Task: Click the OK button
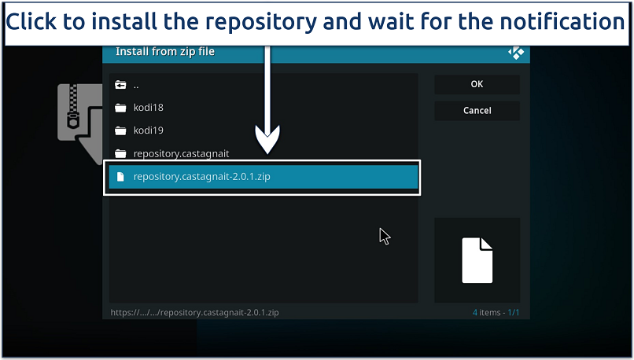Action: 477,84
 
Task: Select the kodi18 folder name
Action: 149,108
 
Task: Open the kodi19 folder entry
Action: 149,130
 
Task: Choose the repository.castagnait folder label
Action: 181,154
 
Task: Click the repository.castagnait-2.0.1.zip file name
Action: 201,177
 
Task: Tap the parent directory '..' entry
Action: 136,85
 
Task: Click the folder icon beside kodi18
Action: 120,108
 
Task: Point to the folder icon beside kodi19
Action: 120,130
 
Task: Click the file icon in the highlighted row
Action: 120,177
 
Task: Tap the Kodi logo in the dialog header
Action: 516,53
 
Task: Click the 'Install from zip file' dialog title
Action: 165,52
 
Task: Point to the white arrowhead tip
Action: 267,151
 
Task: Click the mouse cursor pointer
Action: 384,236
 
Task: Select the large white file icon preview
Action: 477,260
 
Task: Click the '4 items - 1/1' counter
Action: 496,313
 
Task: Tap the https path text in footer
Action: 194,313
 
